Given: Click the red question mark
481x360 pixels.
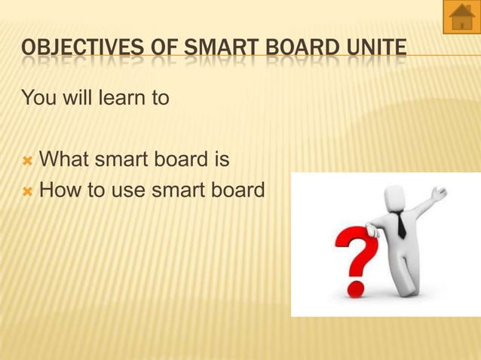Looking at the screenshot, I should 354,252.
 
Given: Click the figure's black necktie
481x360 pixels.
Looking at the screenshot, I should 400,225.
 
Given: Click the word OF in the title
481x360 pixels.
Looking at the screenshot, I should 161,51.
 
